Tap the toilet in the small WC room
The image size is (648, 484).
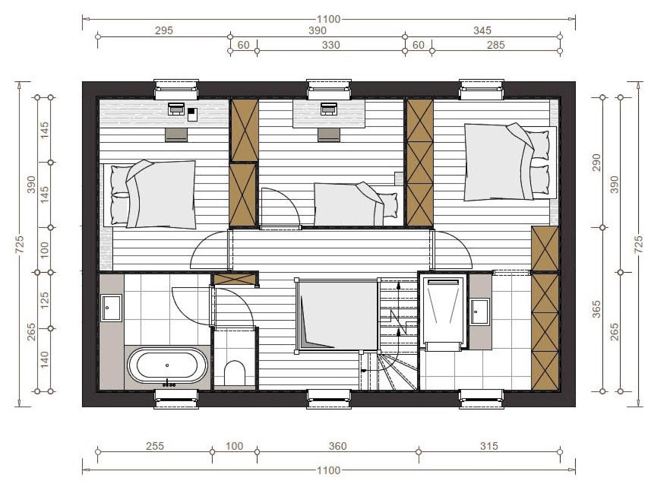click(235, 373)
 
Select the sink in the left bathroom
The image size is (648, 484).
click(111, 307)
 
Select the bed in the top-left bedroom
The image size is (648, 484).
click(150, 195)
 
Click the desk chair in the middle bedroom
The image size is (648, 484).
click(329, 135)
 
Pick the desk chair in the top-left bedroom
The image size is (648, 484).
click(176, 135)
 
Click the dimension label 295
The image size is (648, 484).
click(164, 31)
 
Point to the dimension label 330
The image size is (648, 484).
click(331, 45)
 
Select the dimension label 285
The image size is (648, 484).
click(496, 45)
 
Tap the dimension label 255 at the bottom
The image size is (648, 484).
click(155, 446)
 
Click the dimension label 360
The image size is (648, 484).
click(337, 446)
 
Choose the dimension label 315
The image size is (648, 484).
click(489, 446)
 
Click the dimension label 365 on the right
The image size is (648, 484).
click(597, 309)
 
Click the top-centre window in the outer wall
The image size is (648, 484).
click(329, 90)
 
